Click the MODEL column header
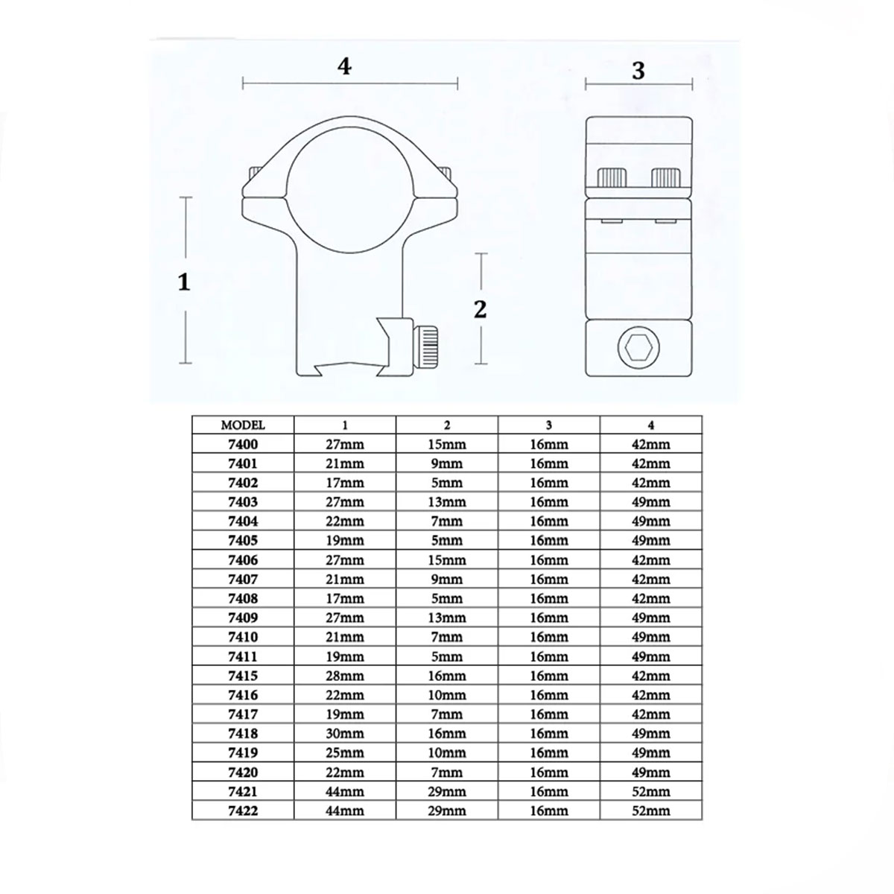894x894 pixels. click(243, 425)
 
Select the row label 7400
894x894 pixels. click(243, 445)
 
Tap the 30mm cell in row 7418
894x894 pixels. click(345, 734)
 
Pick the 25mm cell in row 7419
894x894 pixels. click(345, 752)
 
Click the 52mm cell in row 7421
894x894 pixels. click(651, 791)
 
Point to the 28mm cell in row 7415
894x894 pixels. click(345, 676)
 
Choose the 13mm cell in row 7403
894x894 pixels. click(447, 502)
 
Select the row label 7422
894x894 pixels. click(243, 811)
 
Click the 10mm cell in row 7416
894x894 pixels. click(447, 695)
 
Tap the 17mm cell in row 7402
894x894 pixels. click(345, 483)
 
